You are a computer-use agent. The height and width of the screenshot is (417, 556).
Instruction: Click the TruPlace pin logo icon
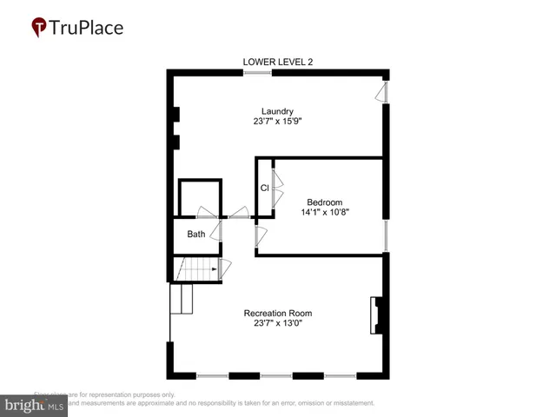pyautogui.click(x=39, y=28)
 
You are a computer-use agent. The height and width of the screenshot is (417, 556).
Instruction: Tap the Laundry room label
pyautogui.click(x=278, y=111)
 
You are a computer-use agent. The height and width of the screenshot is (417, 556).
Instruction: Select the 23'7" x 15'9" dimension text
pyautogui.click(x=278, y=122)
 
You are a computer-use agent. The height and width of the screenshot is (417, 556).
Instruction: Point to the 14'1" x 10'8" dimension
pyautogui.click(x=325, y=212)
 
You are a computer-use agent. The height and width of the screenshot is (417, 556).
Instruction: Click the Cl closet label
pyautogui.click(x=264, y=189)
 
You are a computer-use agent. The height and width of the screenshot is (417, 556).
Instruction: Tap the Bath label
pyautogui.click(x=196, y=234)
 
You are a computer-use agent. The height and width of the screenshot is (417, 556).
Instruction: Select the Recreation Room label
pyautogui.click(x=278, y=314)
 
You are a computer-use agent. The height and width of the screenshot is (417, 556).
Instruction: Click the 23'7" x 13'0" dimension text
pyautogui.click(x=278, y=324)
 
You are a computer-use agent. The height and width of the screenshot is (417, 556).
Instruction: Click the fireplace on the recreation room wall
pyautogui.click(x=378, y=315)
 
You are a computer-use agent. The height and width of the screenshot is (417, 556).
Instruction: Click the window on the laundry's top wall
pyautogui.click(x=257, y=72)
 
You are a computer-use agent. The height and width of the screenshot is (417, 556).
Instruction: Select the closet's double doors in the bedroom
pyautogui.click(x=277, y=188)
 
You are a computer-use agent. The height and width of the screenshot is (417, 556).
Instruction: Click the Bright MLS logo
pyautogui.click(x=35, y=405)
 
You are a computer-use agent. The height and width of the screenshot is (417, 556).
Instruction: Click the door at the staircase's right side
pyautogui.click(x=224, y=269)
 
